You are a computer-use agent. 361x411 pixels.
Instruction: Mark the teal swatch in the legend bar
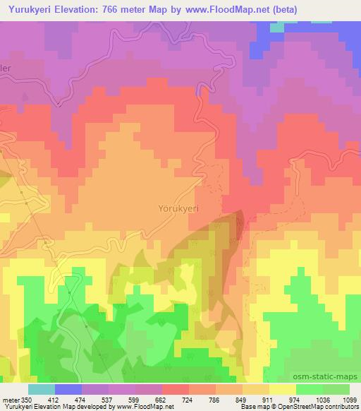coord(42,389)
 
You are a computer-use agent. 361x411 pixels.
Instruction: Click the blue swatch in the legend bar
coord(69,389)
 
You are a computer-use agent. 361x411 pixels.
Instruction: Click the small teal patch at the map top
coord(276,27)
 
